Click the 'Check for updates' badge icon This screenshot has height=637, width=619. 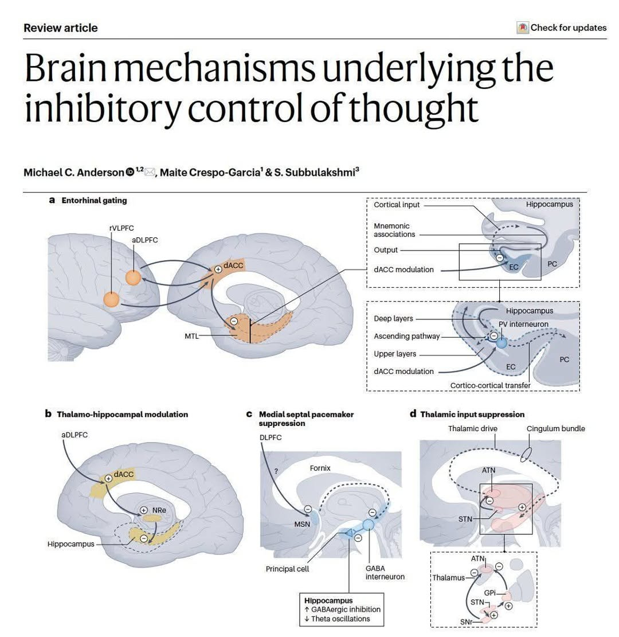[x=522, y=28]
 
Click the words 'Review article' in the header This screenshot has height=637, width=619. [x=61, y=28]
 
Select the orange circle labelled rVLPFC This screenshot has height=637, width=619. [x=111, y=299]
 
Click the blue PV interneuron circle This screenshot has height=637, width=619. [x=502, y=342]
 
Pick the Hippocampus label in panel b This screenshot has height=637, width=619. [x=70, y=543]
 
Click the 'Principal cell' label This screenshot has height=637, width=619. [x=287, y=569]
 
